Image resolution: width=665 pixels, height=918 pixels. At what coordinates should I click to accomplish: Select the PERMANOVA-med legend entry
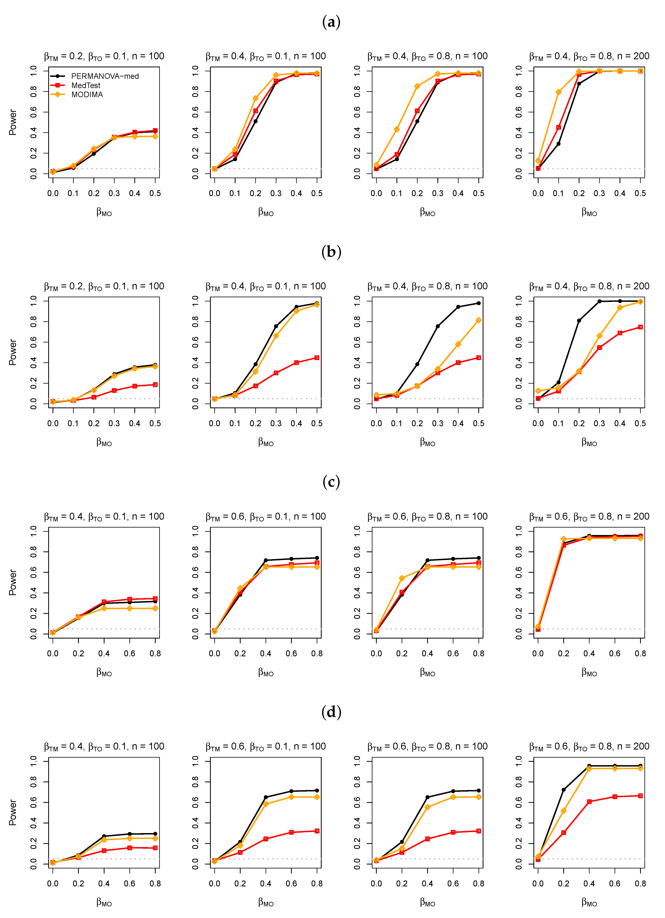tap(105, 76)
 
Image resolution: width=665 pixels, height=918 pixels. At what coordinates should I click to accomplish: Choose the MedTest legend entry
tap(86, 85)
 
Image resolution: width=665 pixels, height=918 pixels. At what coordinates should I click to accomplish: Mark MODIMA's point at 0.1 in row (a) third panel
tap(397, 130)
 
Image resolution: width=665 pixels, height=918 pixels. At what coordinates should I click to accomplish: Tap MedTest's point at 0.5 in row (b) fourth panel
tap(640, 327)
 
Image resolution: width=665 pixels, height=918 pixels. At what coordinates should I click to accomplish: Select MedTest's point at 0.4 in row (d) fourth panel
tap(589, 801)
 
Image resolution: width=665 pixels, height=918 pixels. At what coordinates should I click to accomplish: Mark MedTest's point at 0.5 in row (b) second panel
tap(317, 358)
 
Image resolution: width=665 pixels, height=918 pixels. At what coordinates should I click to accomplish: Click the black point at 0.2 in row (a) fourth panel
tap(579, 84)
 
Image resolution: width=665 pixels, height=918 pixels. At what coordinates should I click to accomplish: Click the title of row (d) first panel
tap(104, 746)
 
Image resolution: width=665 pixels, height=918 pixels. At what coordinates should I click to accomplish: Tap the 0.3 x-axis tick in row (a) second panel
tap(276, 194)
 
